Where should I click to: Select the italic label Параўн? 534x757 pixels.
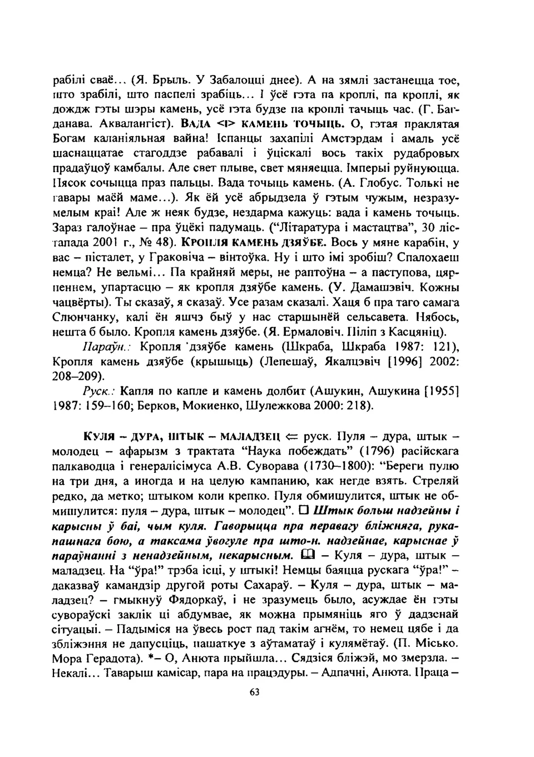tap(98, 347)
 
